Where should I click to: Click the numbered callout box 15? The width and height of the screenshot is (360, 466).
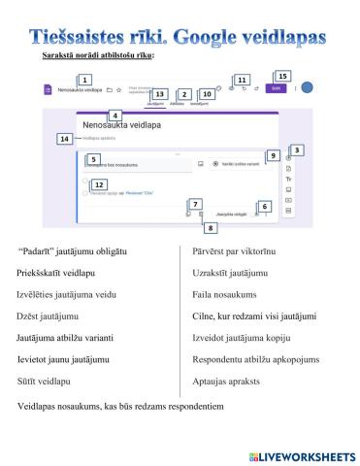pos(282,75)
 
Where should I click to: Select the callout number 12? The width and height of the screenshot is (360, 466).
pos(99,183)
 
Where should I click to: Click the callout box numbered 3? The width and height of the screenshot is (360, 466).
pos(298,150)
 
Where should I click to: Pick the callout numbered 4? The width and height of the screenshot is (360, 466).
pos(128,115)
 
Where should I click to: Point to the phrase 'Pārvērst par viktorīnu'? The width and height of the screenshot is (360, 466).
pos(235,252)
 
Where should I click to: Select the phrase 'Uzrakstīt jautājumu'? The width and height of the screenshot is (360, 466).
pos(230,274)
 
